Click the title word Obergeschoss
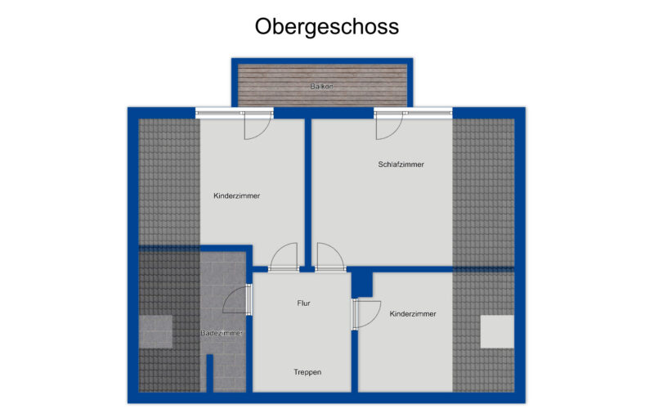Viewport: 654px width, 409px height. point(326,27)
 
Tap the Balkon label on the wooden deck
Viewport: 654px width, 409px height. point(321,86)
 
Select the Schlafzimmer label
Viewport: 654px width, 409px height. point(401,164)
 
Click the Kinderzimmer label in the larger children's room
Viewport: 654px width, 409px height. point(236,196)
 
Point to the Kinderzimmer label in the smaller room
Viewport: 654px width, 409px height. point(412,313)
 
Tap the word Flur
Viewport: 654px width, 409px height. point(303,303)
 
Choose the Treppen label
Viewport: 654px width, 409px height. point(307,372)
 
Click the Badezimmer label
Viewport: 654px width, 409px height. point(222,333)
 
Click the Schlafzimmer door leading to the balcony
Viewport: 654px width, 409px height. point(387,124)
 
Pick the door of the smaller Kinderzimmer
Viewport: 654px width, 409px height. point(367,312)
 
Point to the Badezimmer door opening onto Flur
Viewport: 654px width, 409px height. point(246,299)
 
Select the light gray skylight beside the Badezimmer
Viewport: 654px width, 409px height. point(155,331)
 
